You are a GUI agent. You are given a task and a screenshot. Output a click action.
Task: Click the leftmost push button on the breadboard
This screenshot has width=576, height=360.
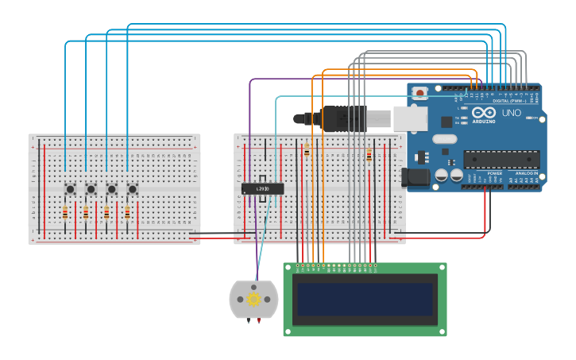(70, 189)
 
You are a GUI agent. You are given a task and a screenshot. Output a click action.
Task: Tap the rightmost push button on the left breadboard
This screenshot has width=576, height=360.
(132, 189)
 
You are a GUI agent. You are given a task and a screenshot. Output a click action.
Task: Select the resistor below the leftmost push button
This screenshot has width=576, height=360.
(65, 213)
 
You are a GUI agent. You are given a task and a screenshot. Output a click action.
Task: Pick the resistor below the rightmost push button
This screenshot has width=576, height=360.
(127, 213)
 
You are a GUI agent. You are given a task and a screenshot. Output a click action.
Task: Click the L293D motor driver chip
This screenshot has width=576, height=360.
(262, 188)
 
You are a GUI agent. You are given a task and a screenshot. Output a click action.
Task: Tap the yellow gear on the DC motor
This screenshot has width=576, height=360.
(253, 300)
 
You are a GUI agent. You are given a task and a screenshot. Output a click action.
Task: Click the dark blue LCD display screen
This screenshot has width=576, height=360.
(365, 300)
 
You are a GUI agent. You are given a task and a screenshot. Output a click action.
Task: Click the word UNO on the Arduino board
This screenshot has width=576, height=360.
(511, 113)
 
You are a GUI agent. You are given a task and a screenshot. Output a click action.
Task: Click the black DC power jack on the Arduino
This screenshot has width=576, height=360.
(416, 177)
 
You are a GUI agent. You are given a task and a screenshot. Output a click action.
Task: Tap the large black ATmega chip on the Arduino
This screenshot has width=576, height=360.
(501, 159)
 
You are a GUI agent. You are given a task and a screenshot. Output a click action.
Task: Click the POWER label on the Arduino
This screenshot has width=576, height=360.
(494, 172)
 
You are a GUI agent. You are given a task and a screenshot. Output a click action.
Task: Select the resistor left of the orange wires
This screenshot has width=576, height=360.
(307, 150)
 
